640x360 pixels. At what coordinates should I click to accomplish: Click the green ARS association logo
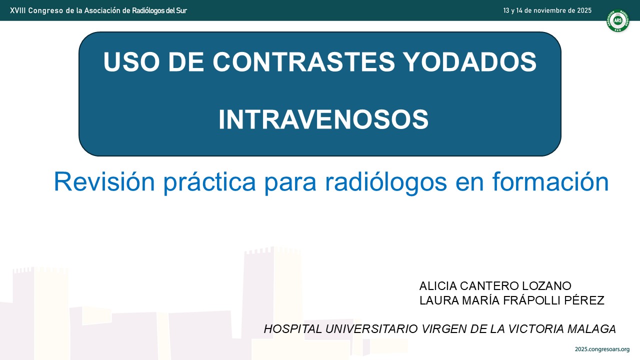click(x=617, y=20)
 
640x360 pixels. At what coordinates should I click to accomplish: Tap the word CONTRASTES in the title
click(x=303, y=62)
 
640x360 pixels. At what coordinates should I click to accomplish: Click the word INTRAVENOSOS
click(x=323, y=119)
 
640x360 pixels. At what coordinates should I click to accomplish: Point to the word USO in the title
click(x=131, y=62)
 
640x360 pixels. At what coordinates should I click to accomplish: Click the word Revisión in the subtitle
click(x=104, y=181)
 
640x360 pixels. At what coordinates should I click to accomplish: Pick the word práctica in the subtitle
click(x=209, y=183)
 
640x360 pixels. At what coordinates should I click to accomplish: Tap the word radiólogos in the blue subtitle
click(x=386, y=183)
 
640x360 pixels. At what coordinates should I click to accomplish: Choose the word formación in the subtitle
click(x=550, y=181)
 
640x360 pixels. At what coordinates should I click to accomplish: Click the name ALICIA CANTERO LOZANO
click(x=495, y=285)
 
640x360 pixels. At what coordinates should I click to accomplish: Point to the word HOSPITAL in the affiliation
click(x=293, y=329)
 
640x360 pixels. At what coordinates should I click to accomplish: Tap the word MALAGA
click(x=591, y=329)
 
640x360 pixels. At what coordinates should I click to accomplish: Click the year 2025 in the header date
click(x=584, y=10)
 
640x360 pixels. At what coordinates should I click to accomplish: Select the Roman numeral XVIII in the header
click(x=17, y=10)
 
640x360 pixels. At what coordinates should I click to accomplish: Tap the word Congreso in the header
click(x=45, y=11)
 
